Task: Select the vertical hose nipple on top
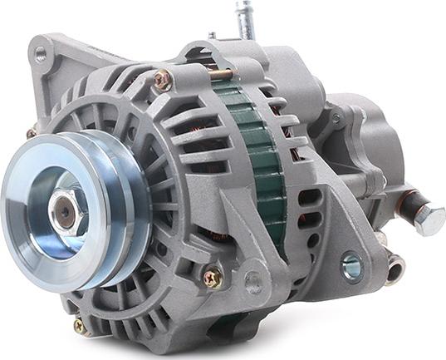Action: [x=246, y=21]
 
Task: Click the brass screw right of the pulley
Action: [x=213, y=278]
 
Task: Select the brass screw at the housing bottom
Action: [x=81, y=327]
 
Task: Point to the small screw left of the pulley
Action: [x=32, y=133]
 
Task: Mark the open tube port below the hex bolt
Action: [x=395, y=268]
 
